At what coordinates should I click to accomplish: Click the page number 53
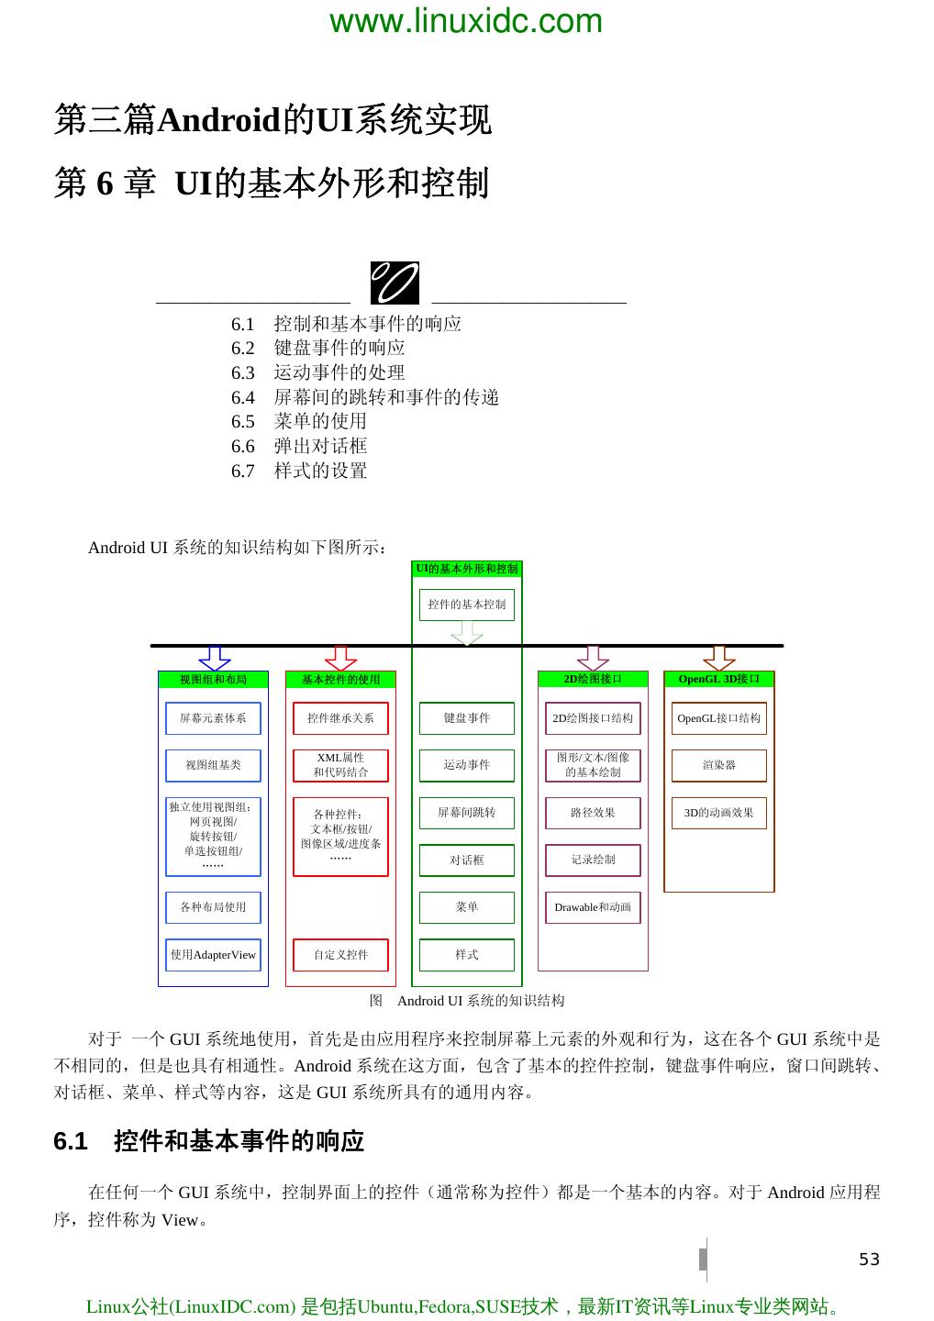pos(868,1260)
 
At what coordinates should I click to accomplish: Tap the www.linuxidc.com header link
pos(466,20)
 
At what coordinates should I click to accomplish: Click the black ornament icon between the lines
pos(395,283)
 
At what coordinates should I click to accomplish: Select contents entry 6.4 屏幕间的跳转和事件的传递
pos(364,397)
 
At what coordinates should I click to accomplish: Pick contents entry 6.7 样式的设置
pos(299,471)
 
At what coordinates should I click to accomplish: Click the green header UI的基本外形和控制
pos(466,569)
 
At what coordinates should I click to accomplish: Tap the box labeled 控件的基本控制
pos(466,605)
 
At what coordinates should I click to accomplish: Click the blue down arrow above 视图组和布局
pos(214,658)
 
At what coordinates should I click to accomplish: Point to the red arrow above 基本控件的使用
pos(340,658)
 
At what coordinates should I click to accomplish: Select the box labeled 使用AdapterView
pos(213,955)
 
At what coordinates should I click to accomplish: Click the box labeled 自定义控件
pos(340,955)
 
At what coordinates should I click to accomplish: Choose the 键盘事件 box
pos(466,718)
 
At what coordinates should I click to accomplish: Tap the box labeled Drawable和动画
pos(593,907)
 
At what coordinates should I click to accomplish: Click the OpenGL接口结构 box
pos(718,718)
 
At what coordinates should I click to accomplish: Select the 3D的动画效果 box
pos(718,813)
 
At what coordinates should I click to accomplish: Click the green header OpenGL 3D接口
pos(718,679)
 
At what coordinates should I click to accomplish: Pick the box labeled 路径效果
pos(593,813)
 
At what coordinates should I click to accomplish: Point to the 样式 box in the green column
pos(466,955)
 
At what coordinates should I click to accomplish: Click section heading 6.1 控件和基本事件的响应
pos(209,1141)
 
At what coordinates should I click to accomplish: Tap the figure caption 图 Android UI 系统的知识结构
pos(467,1001)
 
